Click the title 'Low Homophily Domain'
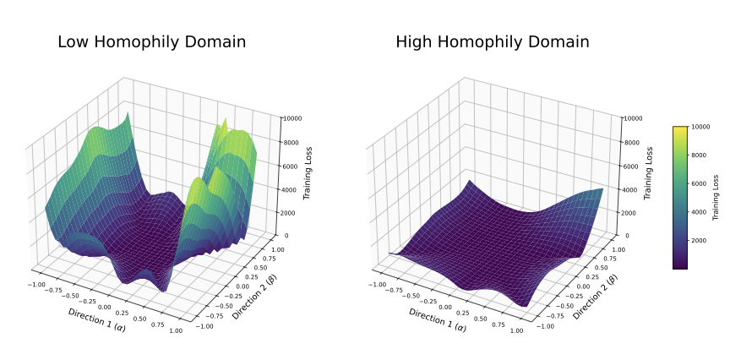pyautogui.click(x=151, y=41)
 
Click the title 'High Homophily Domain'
pyautogui.click(x=492, y=41)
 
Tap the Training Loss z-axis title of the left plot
pyautogui.click(x=310, y=175)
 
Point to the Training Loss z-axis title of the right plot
pyautogui.click(x=650, y=175)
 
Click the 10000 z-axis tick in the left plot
pyautogui.click(x=291, y=119)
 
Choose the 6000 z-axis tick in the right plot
pyautogui.click(x=629, y=166)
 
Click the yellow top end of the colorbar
pyautogui.click(x=679, y=129)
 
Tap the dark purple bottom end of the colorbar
pyautogui.click(x=679, y=265)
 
